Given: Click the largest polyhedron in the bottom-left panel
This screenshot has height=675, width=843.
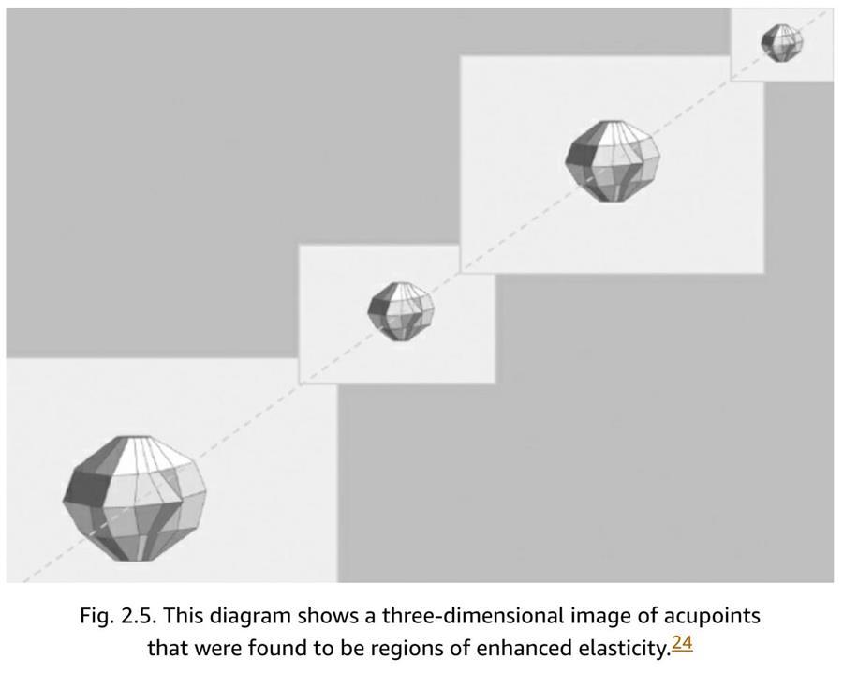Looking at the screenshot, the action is click(x=134, y=499).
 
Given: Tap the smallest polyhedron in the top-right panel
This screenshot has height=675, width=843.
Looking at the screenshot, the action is click(x=782, y=42).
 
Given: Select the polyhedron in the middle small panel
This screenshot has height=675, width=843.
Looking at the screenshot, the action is click(x=401, y=311).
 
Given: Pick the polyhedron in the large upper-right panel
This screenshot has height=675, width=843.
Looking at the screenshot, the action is click(x=613, y=161).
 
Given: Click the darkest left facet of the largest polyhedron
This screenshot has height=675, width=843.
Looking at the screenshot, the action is click(x=86, y=488).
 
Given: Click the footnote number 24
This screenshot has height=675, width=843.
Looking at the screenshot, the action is click(x=682, y=643).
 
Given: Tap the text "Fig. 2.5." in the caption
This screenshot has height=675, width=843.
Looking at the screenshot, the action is click(x=118, y=616).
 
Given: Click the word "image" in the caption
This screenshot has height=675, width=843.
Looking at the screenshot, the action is click(x=601, y=616).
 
